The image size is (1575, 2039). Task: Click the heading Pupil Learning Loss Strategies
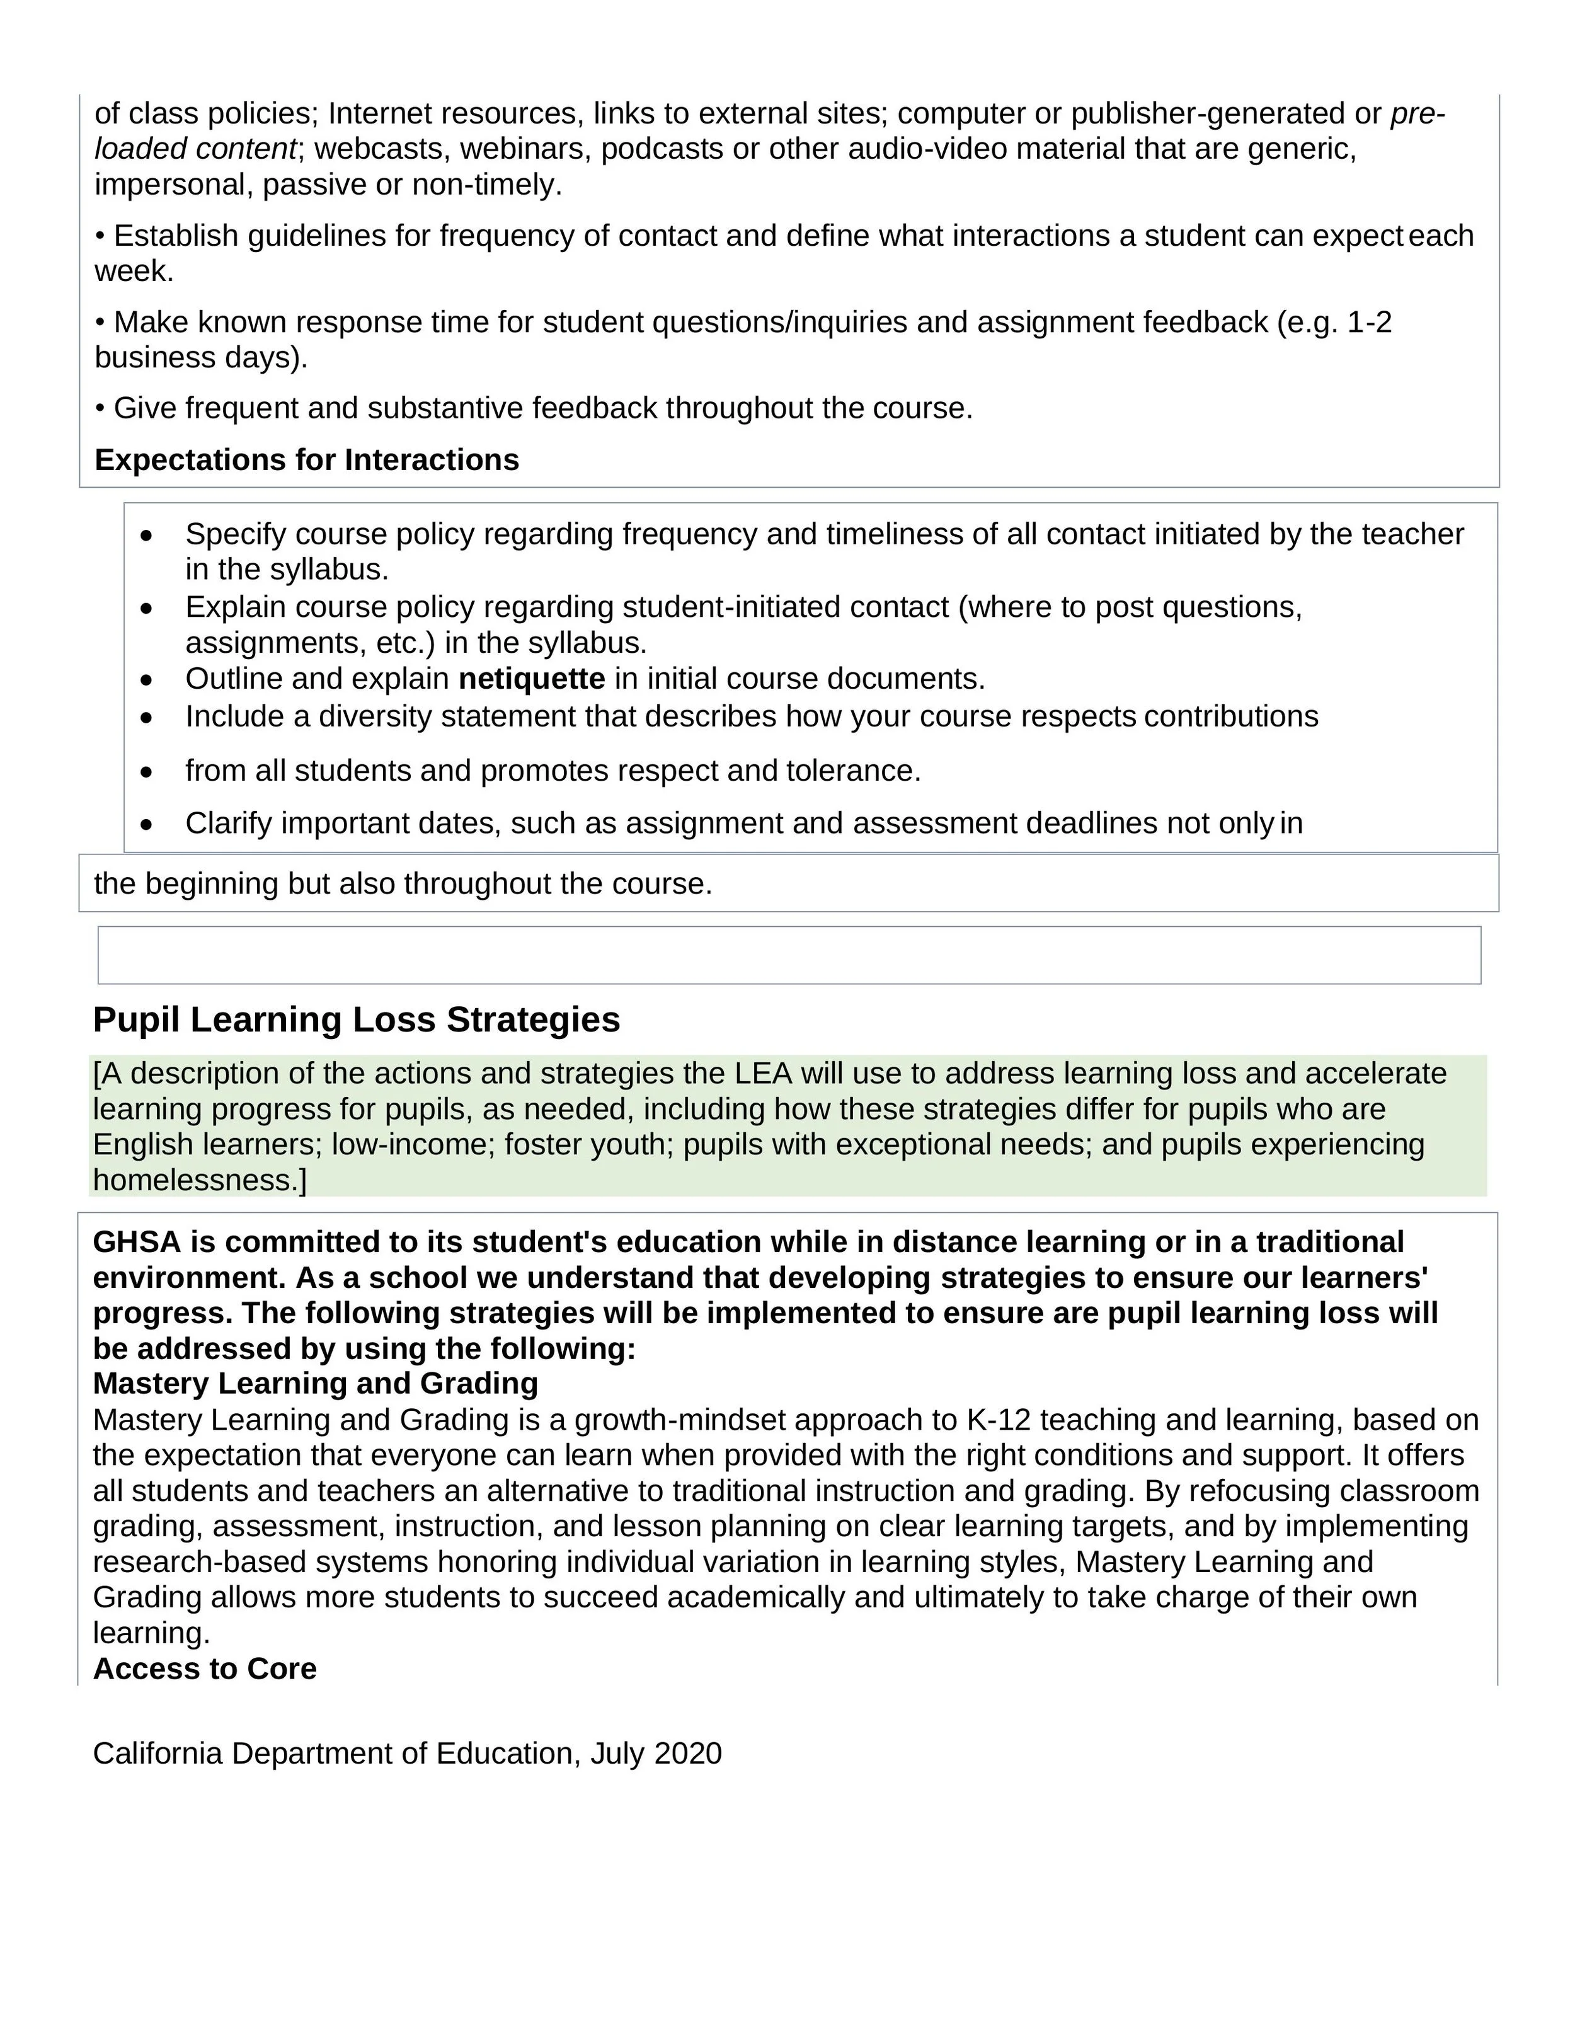pyautogui.click(x=356, y=1019)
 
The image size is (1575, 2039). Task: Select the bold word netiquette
pyautogui.click(x=531, y=678)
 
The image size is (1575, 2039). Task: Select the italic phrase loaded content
pyautogui.click(x=195, y=149)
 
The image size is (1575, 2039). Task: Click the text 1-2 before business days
pyautogui.click(x=1370, y=322)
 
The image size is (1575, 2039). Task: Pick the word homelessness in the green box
pyautogui.click(x=195, y=1180)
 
